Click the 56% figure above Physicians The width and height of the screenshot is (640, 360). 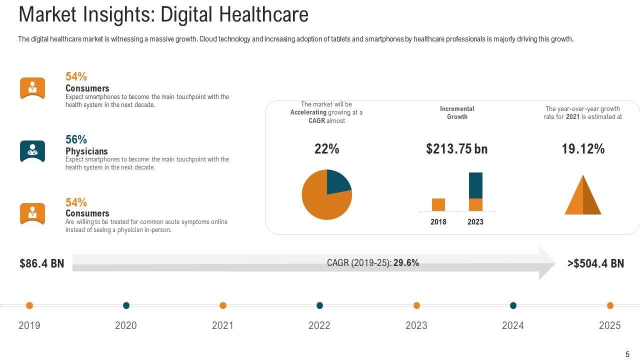(76, 139)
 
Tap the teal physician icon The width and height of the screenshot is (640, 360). (32, 151)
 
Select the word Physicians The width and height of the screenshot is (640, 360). (86, 151)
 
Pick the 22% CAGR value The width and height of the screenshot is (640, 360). (327, 149)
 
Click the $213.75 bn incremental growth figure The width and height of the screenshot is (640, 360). (456, 149)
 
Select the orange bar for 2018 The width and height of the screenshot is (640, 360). (438, 204)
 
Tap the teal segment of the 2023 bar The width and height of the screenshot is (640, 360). (475, 185)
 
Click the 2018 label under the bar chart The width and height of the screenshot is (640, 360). (438, 222)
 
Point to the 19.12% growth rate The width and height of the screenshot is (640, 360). (583, 149)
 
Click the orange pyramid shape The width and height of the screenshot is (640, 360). (583, 197)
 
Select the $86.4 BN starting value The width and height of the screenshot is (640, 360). (42, 263)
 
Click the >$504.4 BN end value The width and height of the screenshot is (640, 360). (595, 263)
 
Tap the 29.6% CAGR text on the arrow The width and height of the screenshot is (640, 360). (406, 263)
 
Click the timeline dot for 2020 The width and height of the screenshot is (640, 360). (126, 305)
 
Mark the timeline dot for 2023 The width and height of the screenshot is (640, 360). (416, 305)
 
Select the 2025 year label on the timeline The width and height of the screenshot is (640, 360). (609, 326)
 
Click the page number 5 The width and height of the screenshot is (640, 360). (627, 354)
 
